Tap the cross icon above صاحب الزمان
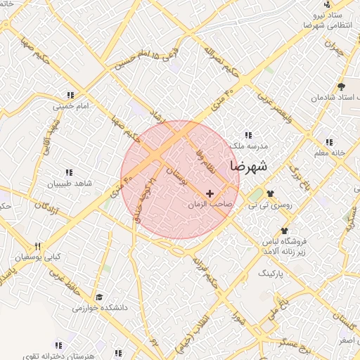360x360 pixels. pos(210,193)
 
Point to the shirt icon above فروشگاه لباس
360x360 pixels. pos(285,231)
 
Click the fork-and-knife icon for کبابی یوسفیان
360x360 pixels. pos(38,246)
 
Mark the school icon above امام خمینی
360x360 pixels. pos(70,95)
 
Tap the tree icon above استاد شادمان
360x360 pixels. pos(341,87)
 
